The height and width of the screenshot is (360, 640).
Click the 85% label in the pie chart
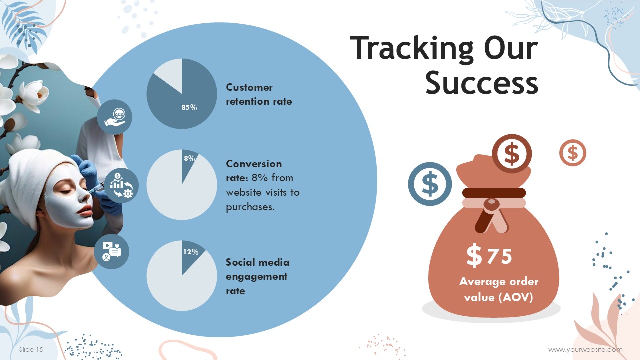coord(189,107)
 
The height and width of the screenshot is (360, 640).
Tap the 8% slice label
coord(189,158)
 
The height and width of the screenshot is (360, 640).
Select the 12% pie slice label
coord(191,252)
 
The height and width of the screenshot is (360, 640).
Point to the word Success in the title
coord(482,83)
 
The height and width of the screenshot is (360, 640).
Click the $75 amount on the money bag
coord(489,256)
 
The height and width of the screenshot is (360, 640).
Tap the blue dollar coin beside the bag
coord(430,184)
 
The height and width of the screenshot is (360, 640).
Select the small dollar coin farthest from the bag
coord(573,153)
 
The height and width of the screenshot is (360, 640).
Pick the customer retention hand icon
coord(114,117)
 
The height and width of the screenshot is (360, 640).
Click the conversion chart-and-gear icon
coord(121,185)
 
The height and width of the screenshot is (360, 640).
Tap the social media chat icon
coord(111,251)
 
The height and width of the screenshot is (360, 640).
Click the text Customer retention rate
coord(259,94)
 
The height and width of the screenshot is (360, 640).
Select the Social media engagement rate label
coord(257,276)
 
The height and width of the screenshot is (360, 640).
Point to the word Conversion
coord(254,164)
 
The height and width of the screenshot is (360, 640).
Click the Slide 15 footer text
coord(31,349)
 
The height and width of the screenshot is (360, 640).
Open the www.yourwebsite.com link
coord(585,350)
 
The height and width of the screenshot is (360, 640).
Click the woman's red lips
coord(85,211)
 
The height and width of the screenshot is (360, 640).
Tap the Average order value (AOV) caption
coord(499,289)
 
